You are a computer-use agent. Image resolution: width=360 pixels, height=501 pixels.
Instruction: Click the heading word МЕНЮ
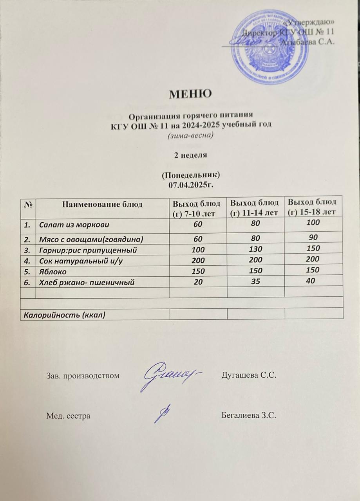190,94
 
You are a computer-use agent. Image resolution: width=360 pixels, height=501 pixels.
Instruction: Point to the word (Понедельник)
190,174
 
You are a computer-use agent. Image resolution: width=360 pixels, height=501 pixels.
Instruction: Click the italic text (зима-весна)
190,135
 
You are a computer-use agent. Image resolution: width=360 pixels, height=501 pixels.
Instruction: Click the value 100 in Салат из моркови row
314,222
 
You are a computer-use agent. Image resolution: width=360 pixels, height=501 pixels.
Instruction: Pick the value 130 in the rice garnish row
256,249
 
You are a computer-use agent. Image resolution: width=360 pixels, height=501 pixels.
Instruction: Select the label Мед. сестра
69,416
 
